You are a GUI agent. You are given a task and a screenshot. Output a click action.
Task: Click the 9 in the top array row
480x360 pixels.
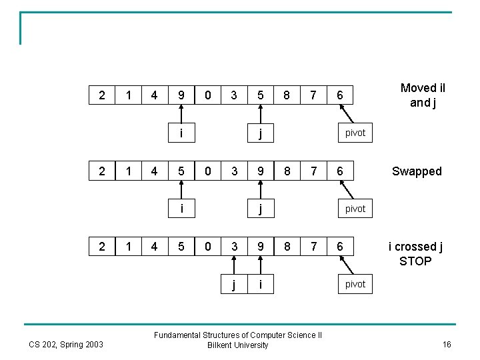181,95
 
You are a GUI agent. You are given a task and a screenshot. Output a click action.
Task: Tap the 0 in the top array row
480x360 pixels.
207,95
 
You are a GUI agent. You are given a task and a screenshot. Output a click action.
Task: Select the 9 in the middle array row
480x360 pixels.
260,171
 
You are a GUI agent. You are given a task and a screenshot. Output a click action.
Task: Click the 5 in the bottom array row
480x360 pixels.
181,247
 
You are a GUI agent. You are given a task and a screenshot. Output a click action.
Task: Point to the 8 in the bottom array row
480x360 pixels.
286,247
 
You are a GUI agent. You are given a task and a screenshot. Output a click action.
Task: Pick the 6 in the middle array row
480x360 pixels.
340,171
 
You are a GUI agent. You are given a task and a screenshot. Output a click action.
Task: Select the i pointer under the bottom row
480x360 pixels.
260,284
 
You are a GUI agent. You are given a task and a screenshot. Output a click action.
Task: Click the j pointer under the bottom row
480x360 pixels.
233,285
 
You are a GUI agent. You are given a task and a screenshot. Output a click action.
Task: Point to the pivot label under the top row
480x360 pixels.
355,133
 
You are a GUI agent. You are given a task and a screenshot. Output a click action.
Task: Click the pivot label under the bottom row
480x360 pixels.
355,285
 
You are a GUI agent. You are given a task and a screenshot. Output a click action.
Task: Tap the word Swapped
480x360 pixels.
417,171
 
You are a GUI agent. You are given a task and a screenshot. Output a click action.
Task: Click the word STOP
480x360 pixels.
415,261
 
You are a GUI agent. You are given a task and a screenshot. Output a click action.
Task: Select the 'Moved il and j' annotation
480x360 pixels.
423,95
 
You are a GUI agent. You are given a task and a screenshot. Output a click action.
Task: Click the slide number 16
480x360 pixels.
447,344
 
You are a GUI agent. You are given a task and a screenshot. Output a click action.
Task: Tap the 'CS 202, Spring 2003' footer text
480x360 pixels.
67,344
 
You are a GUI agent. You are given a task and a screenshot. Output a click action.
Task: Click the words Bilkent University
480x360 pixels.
238,345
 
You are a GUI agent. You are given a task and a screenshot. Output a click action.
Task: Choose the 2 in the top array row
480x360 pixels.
101,95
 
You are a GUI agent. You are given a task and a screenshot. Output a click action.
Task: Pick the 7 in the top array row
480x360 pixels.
313,95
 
